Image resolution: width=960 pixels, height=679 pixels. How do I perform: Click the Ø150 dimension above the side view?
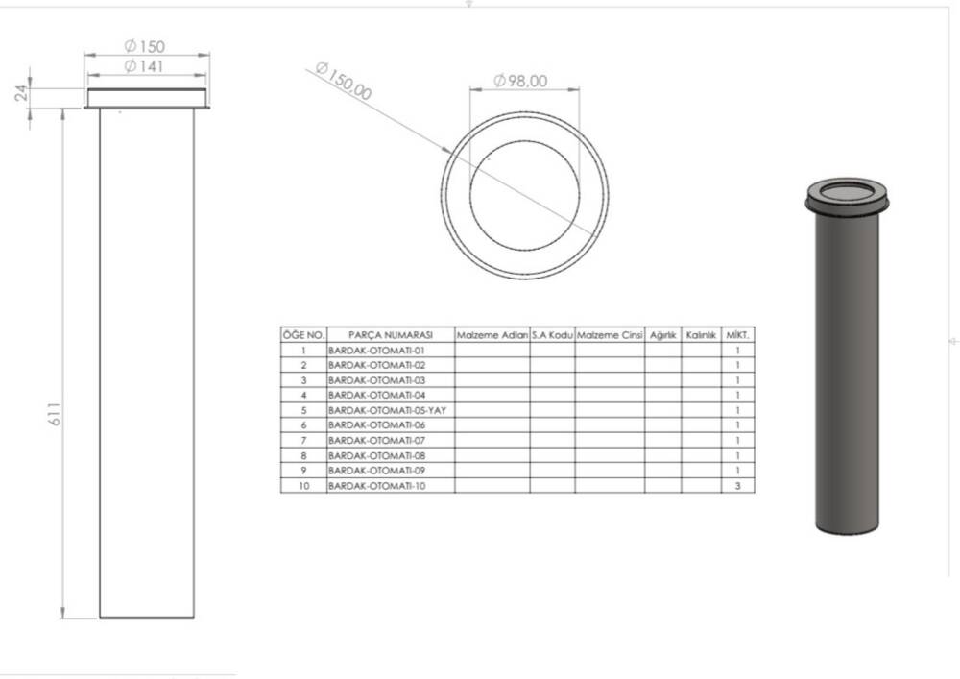point(145,46)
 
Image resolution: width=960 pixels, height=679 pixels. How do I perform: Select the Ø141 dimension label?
point(144,66)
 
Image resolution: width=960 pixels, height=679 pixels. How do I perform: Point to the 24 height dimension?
point(21,93)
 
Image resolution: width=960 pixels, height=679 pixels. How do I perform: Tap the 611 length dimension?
point(55,414)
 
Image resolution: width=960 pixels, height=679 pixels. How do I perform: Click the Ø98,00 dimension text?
point(520,81)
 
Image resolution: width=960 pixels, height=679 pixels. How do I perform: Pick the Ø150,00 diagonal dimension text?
point(344,81)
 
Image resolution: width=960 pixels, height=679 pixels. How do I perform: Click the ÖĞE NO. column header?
point(303,335)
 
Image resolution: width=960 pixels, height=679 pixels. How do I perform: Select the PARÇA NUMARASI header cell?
point(391,335)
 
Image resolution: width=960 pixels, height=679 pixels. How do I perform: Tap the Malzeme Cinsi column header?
point(610,335)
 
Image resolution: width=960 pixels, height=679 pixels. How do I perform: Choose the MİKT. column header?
point(737,335)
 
